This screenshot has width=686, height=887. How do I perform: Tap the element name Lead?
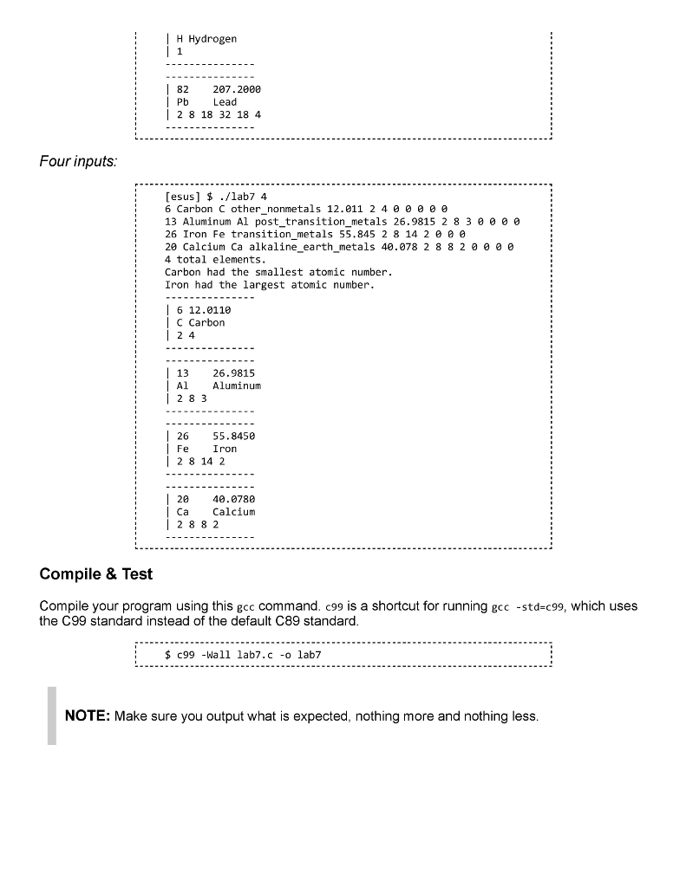click(225, 102)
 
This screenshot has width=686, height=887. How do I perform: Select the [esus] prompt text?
click(184, 197)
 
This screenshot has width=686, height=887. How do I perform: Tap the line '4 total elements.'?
click(215, 259)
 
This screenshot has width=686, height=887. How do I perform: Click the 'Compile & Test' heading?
click(96, 574)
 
